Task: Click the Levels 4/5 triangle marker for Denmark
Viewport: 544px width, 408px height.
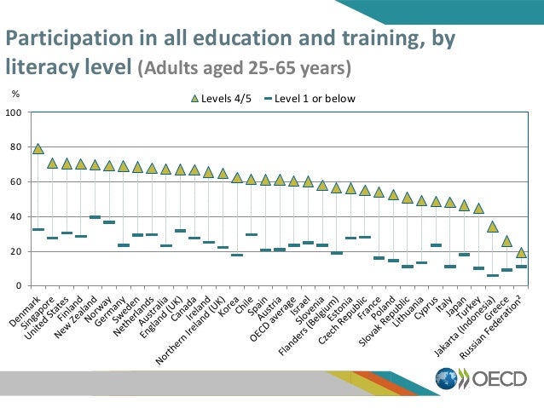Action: [x=38, y=148]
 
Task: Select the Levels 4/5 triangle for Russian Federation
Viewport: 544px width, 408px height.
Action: [x=521, y=252]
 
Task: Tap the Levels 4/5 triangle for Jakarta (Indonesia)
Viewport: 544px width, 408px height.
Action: [x=493, y=226]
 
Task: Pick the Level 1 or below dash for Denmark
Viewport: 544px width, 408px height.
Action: [x=38, y=229]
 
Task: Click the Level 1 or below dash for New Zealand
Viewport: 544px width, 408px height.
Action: [x=95, y=217]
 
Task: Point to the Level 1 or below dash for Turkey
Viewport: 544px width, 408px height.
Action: [x=478, y=268]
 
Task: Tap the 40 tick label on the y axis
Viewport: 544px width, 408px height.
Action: [x=16, y=216]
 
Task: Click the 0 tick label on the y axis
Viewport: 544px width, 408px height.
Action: [x=19, y=286]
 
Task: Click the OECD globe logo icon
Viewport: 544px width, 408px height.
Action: [x=446, y=380]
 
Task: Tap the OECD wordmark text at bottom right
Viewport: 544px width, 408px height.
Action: [x=498, y=380]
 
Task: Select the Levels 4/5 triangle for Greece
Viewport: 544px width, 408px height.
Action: [x=506, y=241]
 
